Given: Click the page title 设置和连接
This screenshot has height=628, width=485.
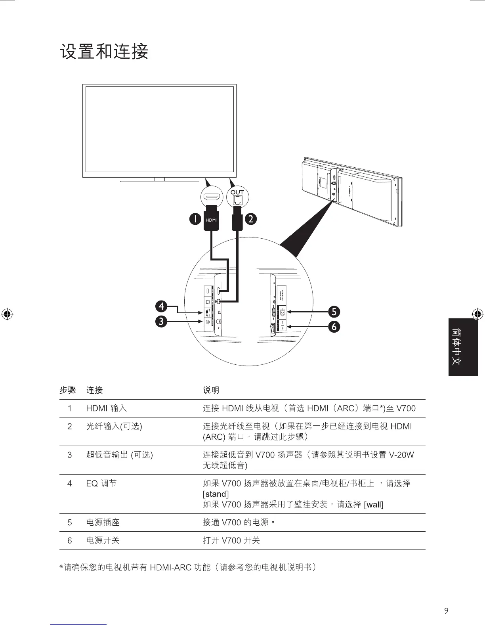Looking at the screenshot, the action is pos(104,52).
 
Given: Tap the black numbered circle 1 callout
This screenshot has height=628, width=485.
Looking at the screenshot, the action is pos(195,219).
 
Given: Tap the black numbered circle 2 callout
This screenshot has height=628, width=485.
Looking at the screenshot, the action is pos(251,219).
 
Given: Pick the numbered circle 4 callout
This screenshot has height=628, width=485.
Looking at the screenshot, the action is pos(161,306).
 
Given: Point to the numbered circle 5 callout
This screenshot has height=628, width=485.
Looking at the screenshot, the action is pos(334,312).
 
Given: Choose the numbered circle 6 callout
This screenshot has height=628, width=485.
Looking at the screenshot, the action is pos(334,327).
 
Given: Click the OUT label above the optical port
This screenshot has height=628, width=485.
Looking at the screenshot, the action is pos(237,193).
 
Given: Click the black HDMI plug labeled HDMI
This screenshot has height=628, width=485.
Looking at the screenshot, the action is pos(211,219).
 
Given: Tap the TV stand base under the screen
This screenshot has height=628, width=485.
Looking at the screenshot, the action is pos(159,181).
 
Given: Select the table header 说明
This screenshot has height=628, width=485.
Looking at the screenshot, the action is pos(211,390).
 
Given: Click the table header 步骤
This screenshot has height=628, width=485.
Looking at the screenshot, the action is pos(68,390).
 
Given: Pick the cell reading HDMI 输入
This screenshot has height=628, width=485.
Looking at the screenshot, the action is pos(107,408).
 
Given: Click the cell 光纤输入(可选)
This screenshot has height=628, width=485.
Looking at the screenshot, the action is pos(114,426).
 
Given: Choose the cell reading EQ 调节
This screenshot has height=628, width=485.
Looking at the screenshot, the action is pos(101,483).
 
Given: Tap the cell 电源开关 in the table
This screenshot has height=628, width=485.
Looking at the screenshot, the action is pos(103,540).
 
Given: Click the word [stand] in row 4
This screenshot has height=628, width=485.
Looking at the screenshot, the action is pos(216,494).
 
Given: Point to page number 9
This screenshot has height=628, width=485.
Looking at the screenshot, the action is pos(447,611).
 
